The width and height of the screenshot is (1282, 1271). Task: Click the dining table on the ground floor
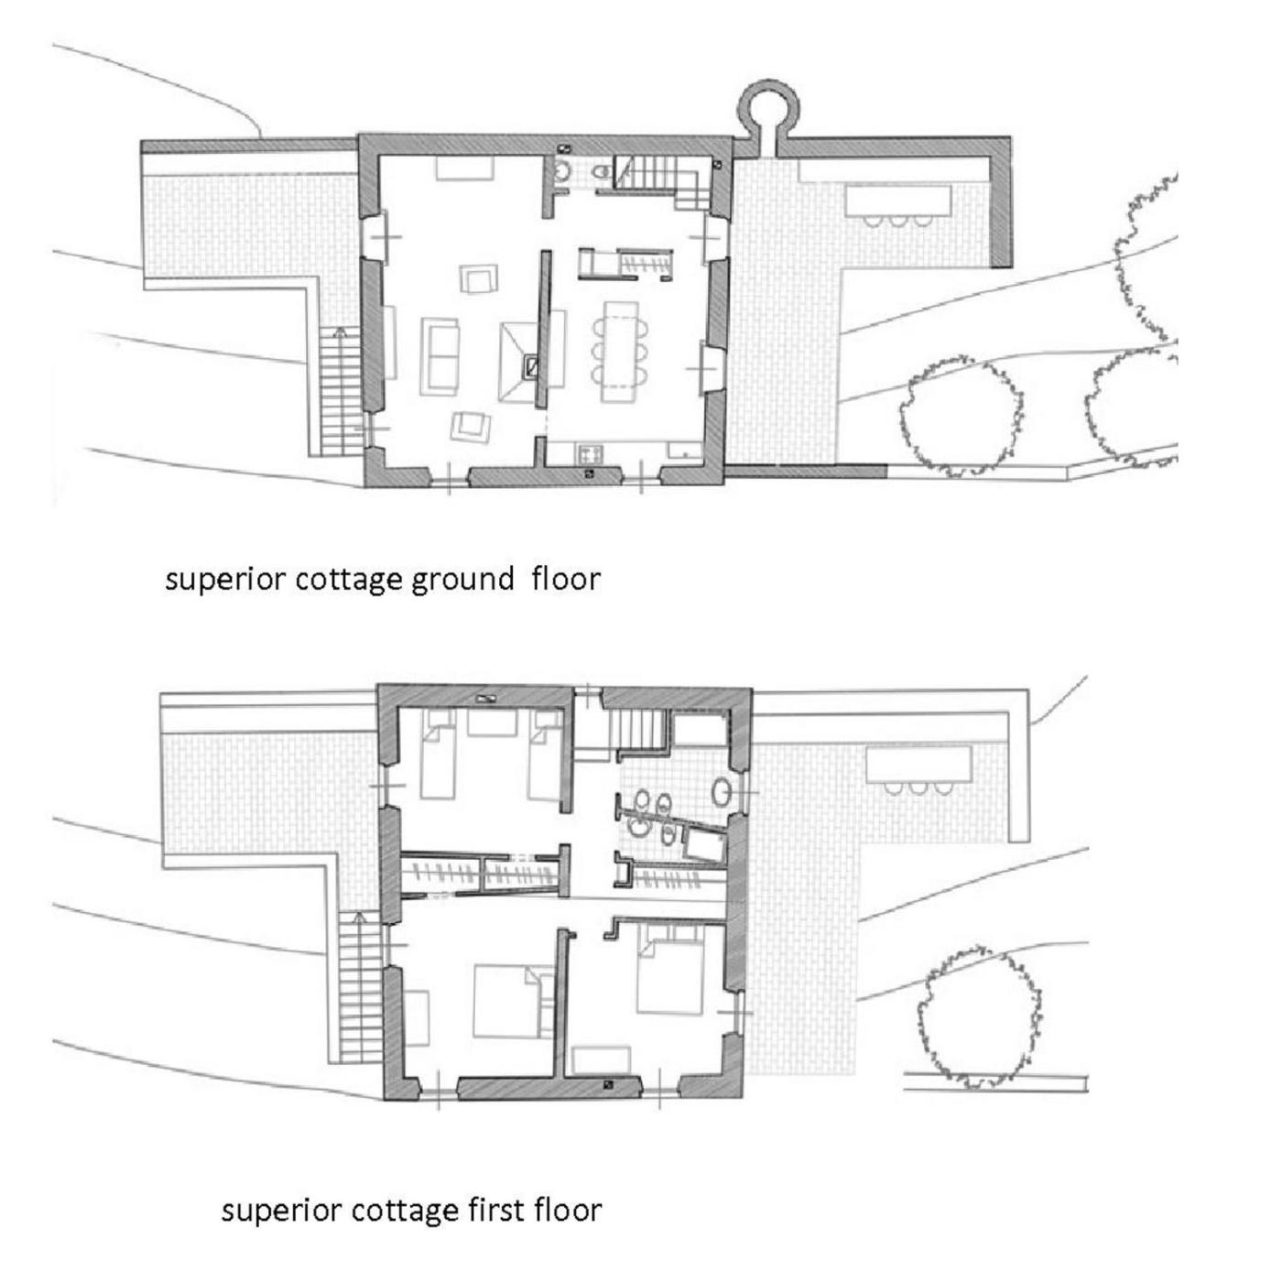[x=619, y=352]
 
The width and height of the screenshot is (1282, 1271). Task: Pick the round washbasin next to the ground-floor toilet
[x=563, y=171]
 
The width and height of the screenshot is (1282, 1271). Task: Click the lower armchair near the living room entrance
[x=471, y=426]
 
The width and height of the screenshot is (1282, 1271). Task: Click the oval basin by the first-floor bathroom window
[x=722, y=790]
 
